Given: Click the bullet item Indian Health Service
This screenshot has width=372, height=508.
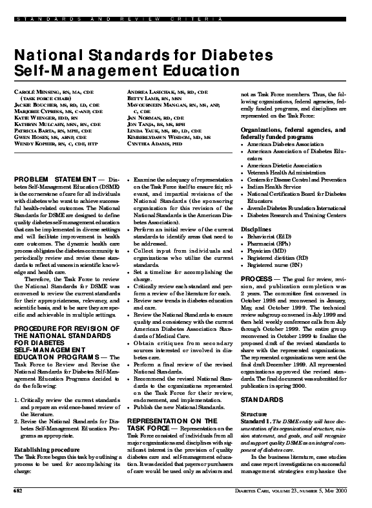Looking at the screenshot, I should coord(278,185).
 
